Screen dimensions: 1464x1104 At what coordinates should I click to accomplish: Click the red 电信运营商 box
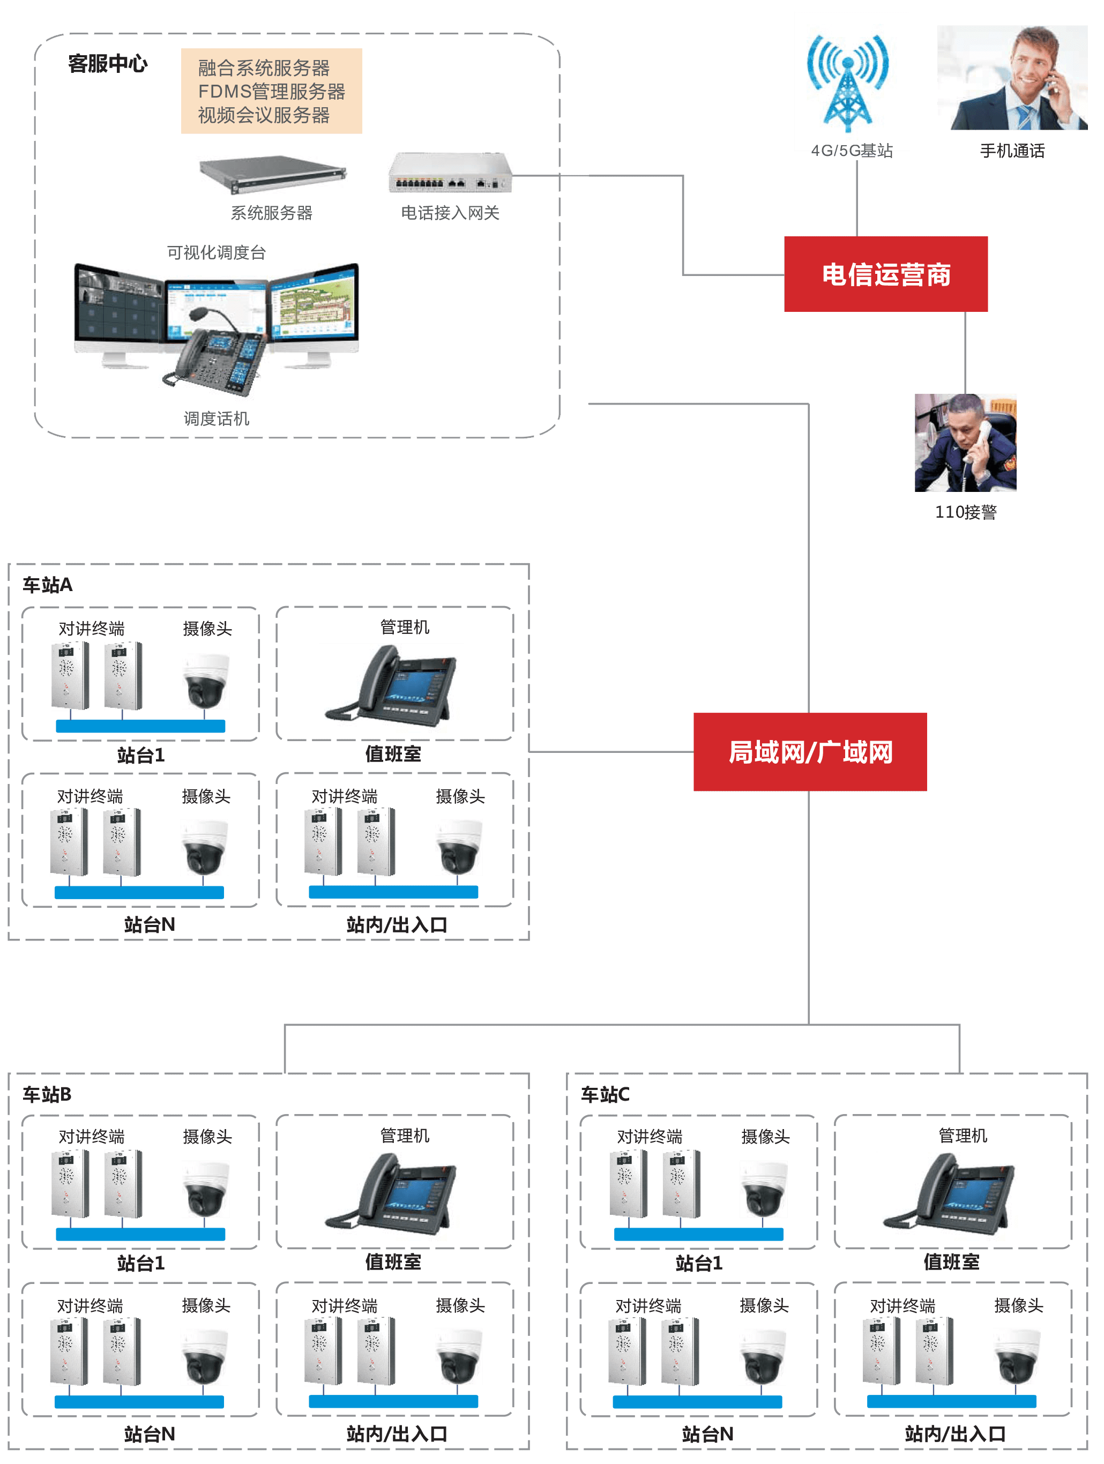(885, 274)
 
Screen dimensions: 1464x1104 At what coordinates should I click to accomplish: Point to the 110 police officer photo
(965, 442)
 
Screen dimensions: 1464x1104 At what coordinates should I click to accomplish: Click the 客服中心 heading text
(107, 64)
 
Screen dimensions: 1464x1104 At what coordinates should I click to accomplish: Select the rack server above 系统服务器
(272, 174)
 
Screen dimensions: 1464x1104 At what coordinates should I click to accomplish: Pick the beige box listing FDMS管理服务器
(271, 91)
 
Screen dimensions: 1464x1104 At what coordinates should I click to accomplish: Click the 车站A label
(47, 585)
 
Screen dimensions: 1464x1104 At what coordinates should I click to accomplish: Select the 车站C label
(605, 1094)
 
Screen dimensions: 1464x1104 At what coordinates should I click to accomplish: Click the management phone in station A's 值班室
(391, 690)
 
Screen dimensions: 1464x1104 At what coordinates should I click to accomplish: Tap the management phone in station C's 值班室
(949, 1198)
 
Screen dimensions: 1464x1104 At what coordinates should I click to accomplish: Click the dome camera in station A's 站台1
(206, 681)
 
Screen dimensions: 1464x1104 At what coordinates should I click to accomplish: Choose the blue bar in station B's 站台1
(140, 1234)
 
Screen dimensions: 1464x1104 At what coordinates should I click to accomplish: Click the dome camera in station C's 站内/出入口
(1017, 1356)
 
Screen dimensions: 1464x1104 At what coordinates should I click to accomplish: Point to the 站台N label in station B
(150, 1434)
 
